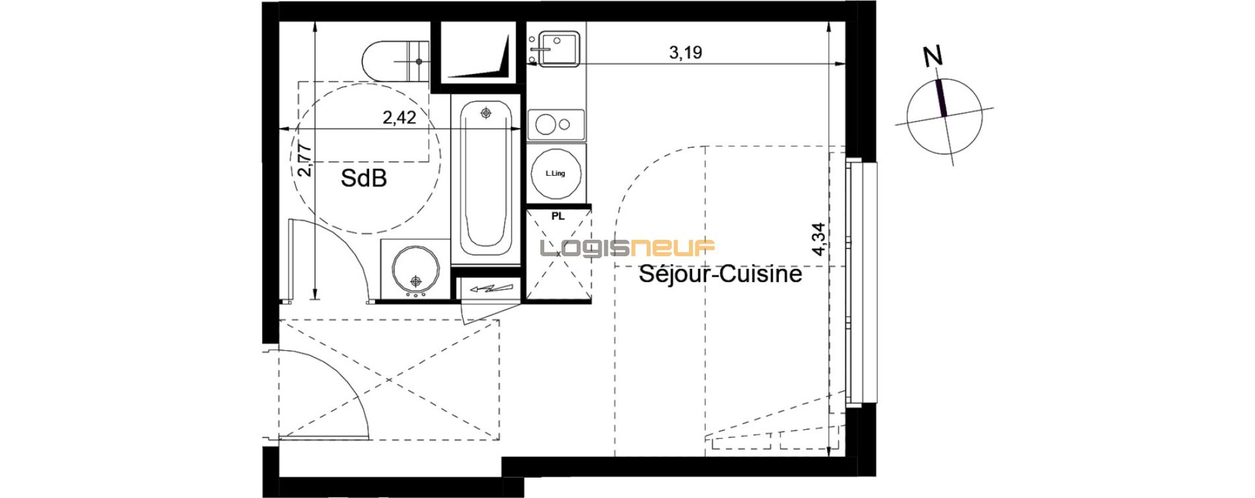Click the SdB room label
pos(363,178)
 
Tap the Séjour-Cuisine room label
pos(720,273)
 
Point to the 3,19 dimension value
pos(686,52)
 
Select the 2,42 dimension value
pos(400,118)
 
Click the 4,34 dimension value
pos(819,239)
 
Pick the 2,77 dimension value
pos(305,159)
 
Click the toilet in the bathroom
pos(395,61)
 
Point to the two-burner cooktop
pos(556,125)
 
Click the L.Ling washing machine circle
pos(556,173)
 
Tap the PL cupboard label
pos(558,217)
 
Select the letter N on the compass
pos(933,56)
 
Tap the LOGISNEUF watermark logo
pos(627,248)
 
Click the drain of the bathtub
pos(486,114)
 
